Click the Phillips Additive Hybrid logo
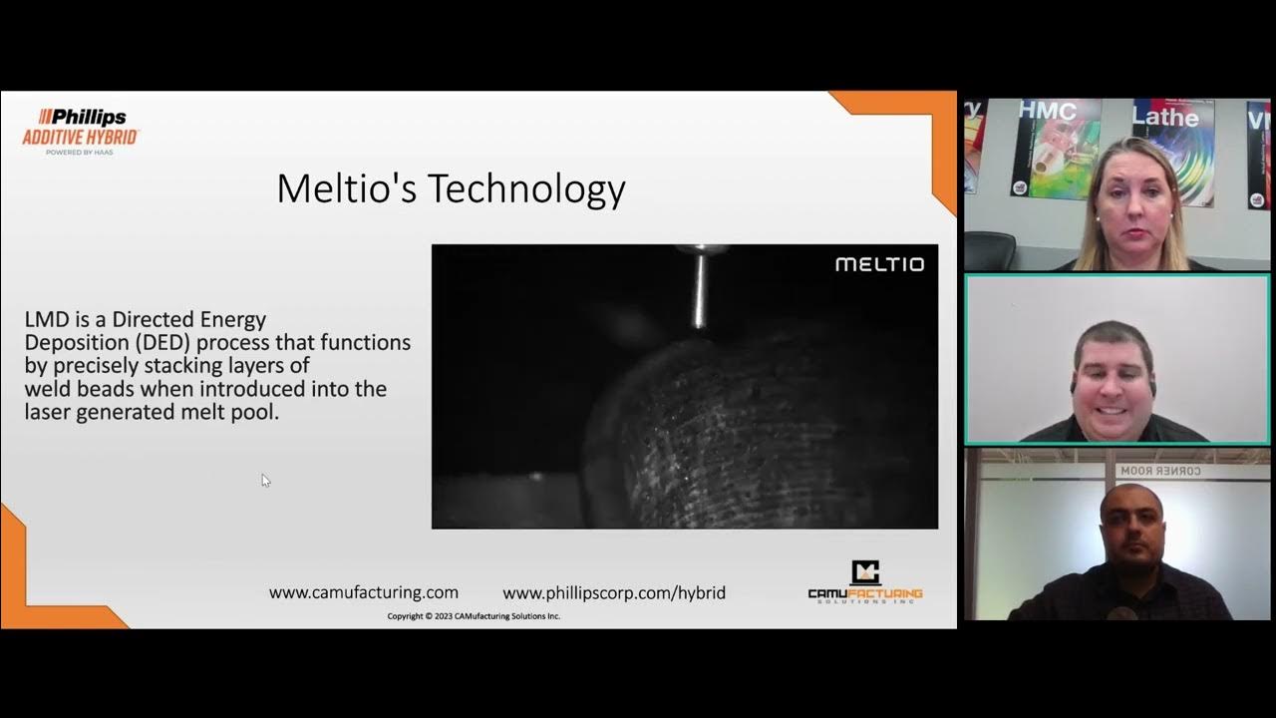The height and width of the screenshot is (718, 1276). click(x=80, y=130)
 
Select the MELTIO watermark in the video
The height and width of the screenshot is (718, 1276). click(x=879, y=264)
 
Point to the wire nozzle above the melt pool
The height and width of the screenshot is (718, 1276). click(x=700, y=289)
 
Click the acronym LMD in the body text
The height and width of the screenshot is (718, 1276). click(x=44, y=320)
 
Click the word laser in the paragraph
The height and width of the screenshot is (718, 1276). click(x=50, y=411)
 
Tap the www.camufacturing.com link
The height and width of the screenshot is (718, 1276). click(x=364, y=592)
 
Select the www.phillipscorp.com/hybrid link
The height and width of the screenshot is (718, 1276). click(x=614, y=592)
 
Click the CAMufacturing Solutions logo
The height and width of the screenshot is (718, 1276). click(x=864, y=582)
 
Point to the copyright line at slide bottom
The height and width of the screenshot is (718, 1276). click(x=474, y=616)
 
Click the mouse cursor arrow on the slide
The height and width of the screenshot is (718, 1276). click(x=265, y=480)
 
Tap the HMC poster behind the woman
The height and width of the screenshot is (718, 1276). click(x=1055, y=148)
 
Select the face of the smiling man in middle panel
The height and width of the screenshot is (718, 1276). click(x=1115, y=377)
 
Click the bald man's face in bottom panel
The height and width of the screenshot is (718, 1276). click(x=1131, y=526)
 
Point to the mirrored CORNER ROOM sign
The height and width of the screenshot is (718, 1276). click(x=1160, y=471)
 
